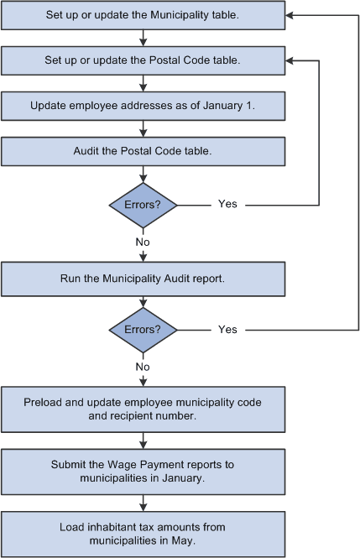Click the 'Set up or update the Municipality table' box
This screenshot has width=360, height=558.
point(143,15)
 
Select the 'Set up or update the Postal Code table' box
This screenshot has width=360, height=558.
point(143,60)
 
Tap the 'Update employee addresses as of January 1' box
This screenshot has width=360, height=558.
point(143,106)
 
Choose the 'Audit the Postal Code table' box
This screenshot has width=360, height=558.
point(143,151)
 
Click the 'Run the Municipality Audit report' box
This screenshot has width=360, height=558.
point(143,279)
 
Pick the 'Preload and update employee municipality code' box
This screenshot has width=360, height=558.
point(143,409)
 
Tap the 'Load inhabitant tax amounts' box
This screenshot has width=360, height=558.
point(143,535)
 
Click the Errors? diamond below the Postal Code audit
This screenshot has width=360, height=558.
point(143,204)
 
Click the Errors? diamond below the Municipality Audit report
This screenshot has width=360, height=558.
point(143,330)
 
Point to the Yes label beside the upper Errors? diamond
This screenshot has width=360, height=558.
point(227,204)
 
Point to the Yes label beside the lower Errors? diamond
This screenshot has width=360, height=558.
point(227,330)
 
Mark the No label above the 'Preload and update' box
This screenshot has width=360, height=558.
point(143,366)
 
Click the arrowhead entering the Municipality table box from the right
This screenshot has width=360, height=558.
point(290,15)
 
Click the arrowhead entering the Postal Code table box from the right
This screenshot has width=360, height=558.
point(290,60)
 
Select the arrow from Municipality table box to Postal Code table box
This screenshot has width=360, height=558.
point(143,38)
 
